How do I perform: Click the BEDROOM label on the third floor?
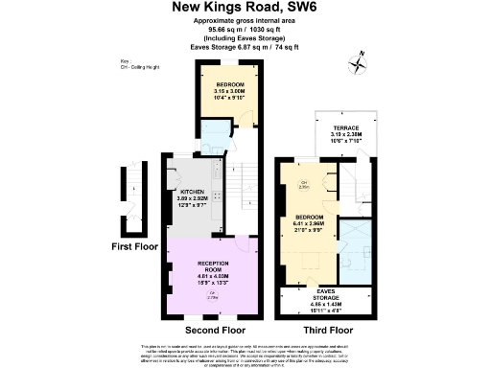(x=312, y=218)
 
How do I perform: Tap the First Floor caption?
(x=133, y=246)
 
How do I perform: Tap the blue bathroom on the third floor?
(x=359, y=245)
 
